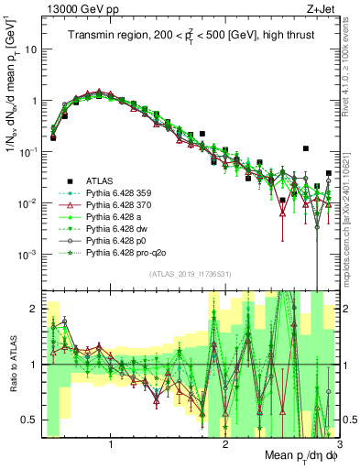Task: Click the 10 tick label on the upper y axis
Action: pyautogui.click(x=29, y=49)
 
